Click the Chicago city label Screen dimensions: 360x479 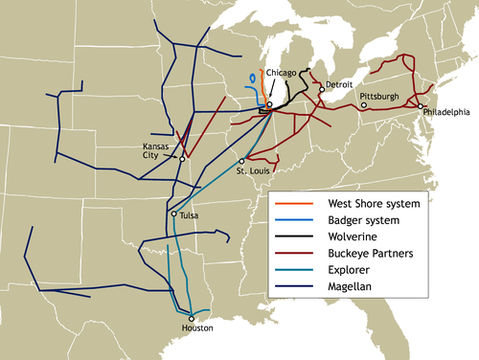(284, 73)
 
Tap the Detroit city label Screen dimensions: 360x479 (339, 85)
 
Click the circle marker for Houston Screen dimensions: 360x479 (192, 318)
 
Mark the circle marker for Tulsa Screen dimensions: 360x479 (172, 214)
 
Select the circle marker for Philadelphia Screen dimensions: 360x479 (420, 104)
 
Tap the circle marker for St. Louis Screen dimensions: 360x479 (245, 160)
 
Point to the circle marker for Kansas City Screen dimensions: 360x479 (182, 159)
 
